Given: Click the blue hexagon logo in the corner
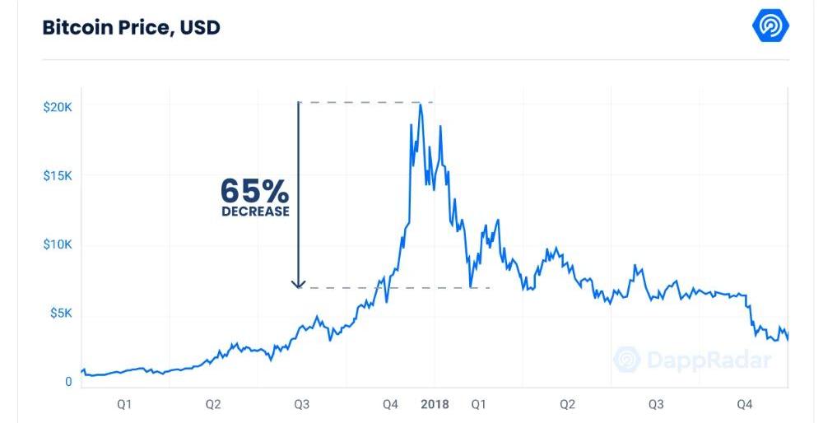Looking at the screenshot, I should (771, 26).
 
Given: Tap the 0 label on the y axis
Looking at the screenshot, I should (67, 382).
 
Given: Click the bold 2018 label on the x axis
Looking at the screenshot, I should (435, 404).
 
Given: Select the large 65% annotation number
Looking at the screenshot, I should (254, 191).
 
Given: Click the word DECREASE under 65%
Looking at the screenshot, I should (255, 211).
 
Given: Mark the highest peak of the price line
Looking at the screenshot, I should (421, 105).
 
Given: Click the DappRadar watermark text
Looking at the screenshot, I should (709, 360).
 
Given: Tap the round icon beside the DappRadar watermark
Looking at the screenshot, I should (627, 360).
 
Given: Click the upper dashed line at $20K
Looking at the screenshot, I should (362, 102).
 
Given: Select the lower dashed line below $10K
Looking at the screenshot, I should (395, 288).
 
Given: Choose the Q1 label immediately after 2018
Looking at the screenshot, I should (479, 404).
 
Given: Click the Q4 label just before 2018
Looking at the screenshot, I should (390, 404).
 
